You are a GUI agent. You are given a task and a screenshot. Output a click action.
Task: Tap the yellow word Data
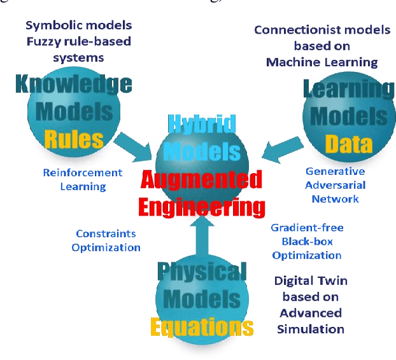tap(349, 145)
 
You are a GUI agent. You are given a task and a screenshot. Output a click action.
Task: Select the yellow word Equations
tap(201, 327)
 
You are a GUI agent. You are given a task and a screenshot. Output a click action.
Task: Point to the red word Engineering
tap(202, 207)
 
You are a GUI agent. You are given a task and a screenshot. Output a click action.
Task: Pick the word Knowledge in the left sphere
tap(73, 84)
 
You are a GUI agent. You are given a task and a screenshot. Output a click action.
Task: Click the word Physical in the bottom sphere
tap(201, 272)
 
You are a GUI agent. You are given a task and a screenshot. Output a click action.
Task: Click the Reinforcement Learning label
tap(83, 179)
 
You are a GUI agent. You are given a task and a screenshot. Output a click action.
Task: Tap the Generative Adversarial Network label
tap(335, 185)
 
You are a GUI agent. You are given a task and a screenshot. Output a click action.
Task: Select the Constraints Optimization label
tap(106, 240)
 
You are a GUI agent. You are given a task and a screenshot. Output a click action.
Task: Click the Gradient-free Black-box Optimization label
tap(306, 241)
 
